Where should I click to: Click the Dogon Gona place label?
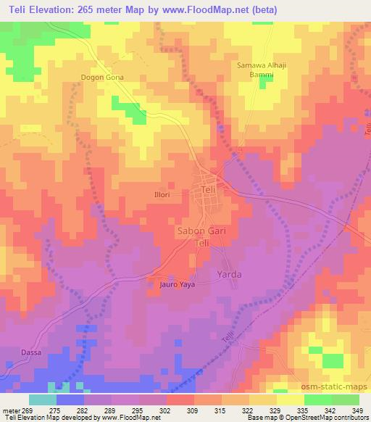(101, 77)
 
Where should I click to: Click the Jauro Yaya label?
(178, 285)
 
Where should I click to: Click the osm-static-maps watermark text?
(335, 385)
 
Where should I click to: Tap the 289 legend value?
(101, 410)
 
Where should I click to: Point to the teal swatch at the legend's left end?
(43, 400)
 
